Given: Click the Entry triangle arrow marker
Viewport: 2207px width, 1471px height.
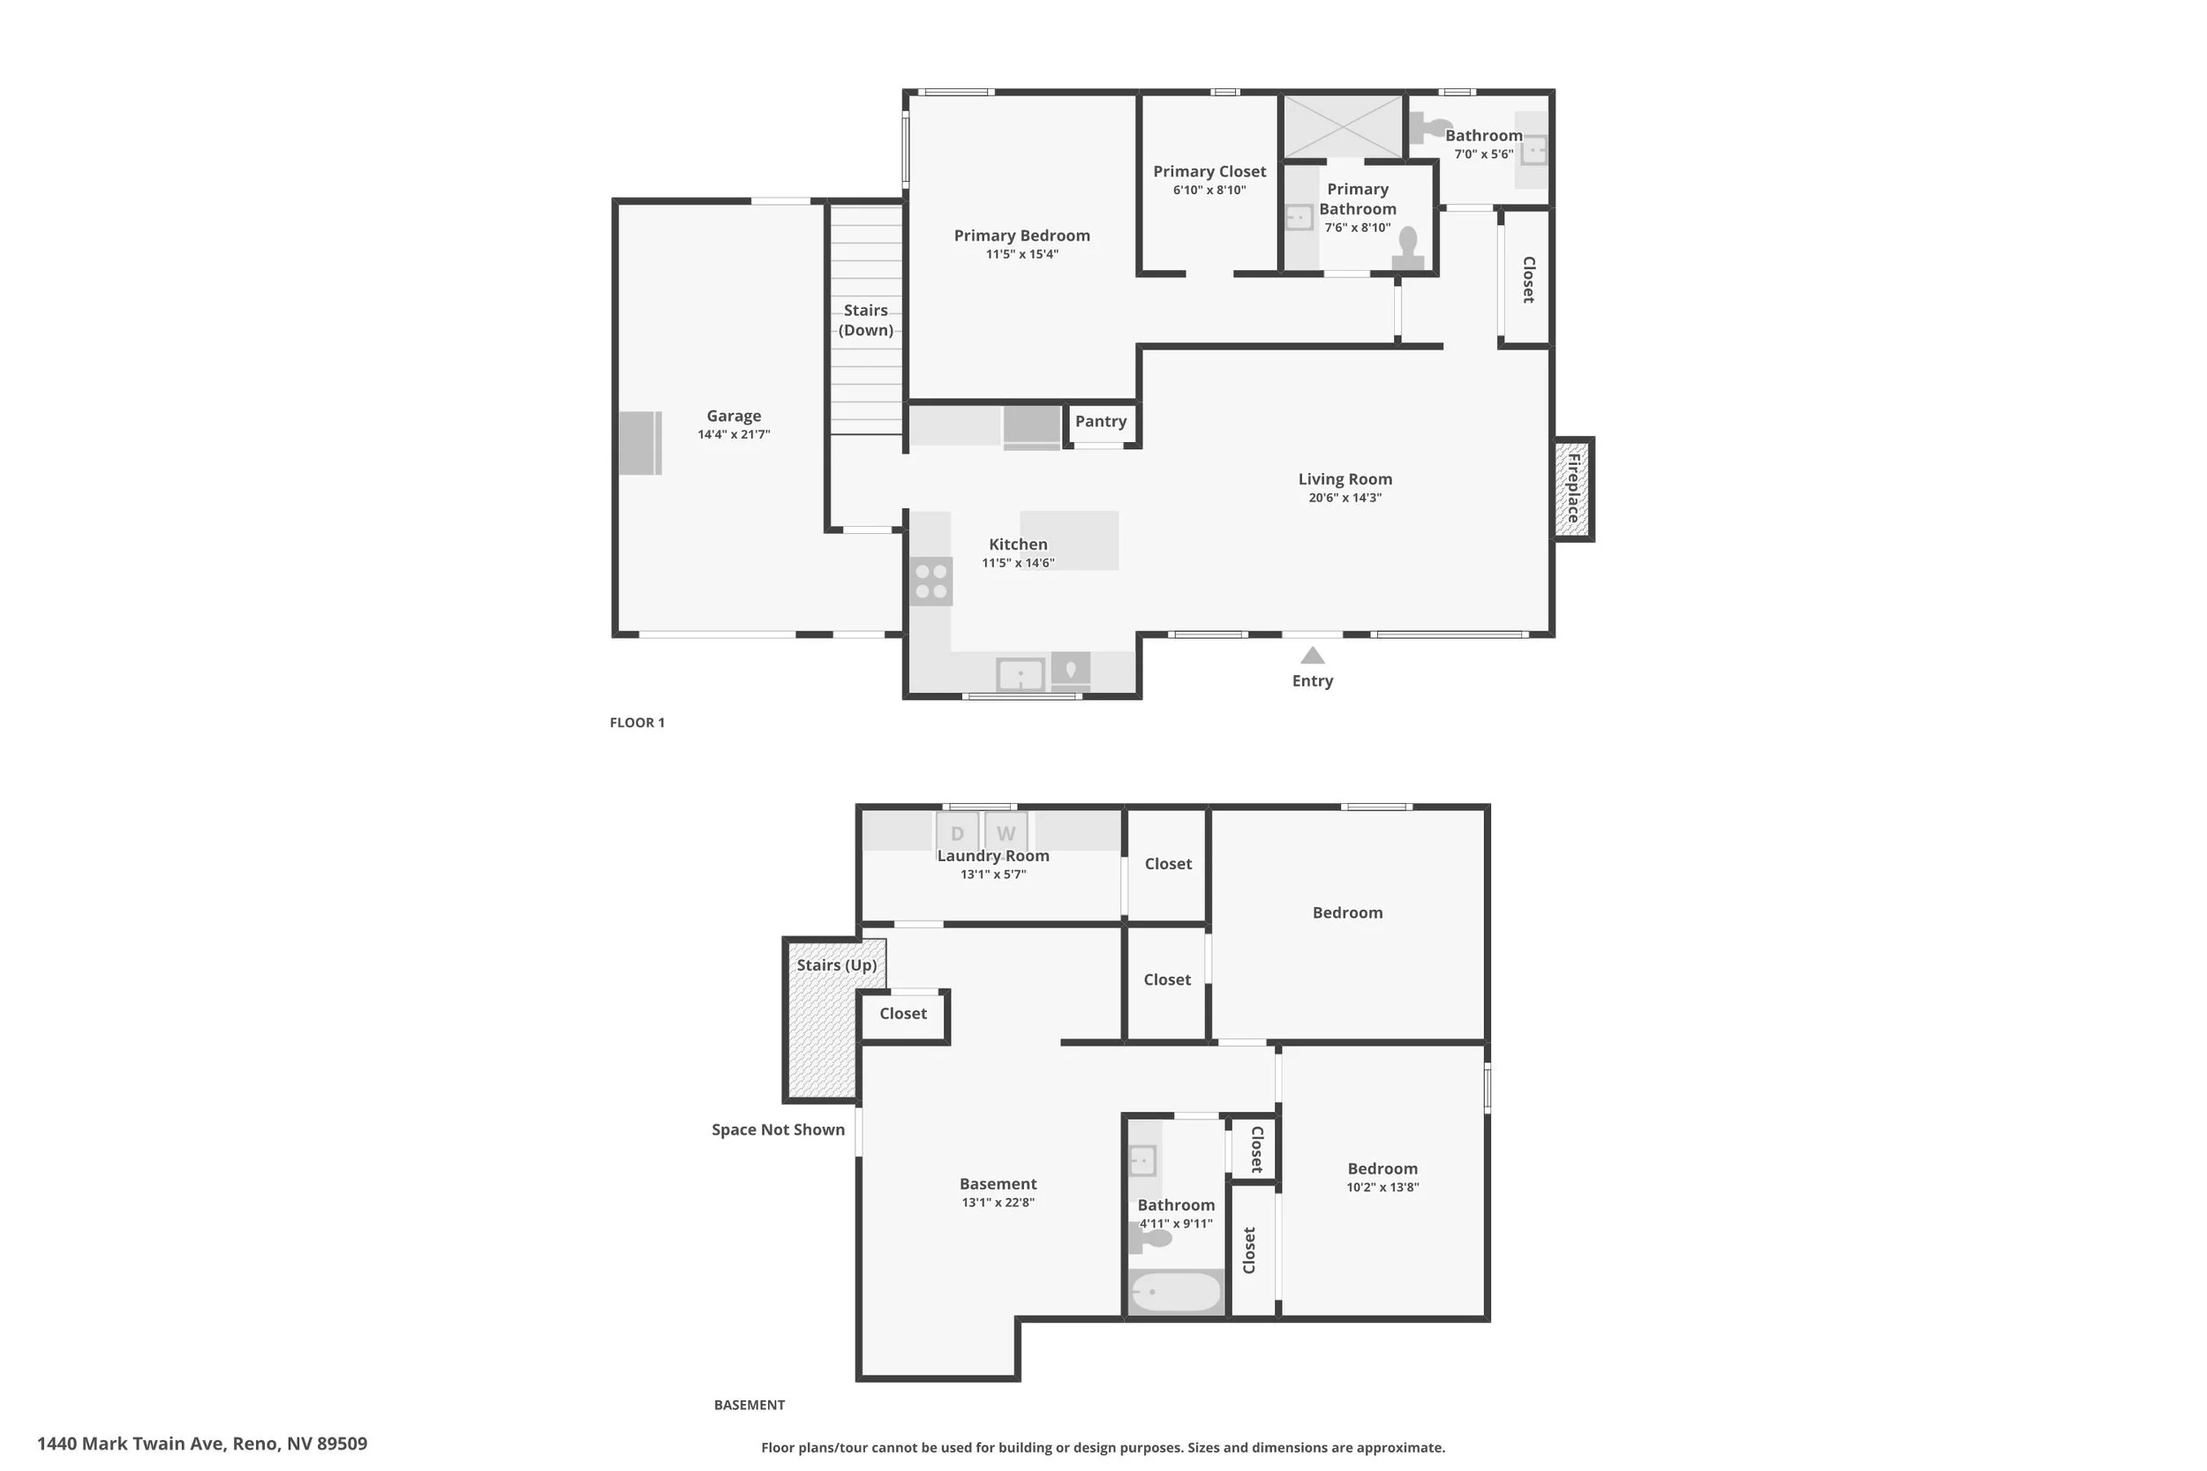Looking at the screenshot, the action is click(x=1312, y=656).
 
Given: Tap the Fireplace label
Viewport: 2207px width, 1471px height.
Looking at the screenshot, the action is click(x=1574, y=488).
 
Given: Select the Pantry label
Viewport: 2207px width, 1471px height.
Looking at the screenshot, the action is click(x=1101, y=421).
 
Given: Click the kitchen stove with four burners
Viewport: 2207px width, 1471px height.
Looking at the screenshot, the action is click(x=930, y=581).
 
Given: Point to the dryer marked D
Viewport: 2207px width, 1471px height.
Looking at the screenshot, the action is click(x=957, y=832).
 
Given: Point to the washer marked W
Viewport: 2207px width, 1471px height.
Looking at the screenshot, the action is click(x=1006, y=832).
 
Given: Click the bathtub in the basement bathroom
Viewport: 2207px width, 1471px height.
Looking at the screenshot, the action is click(x=1176, y=1292).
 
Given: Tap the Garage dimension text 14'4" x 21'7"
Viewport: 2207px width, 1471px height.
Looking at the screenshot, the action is click(x=734, y=434).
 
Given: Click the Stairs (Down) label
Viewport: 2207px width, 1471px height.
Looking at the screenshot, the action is click(x=865, y=320).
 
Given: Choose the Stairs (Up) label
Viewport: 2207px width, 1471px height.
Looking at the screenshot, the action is click(x=836, y=965).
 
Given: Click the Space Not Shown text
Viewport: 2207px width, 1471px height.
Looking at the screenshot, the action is click(x=778, y=1130).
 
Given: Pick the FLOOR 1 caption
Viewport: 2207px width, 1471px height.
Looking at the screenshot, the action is click(x=637, y=723).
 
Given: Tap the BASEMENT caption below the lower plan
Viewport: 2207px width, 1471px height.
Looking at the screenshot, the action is click(x=749, y=1405).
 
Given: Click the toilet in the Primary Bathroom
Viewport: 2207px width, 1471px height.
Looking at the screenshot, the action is click(x=1407, y=248).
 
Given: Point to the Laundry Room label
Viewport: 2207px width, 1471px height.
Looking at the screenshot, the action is click(x=993, y=856).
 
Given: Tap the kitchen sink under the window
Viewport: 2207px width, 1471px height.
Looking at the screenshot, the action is click(x=1020, y=673).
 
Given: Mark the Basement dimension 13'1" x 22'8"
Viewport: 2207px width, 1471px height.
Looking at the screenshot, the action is click(x=998, y=1203).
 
